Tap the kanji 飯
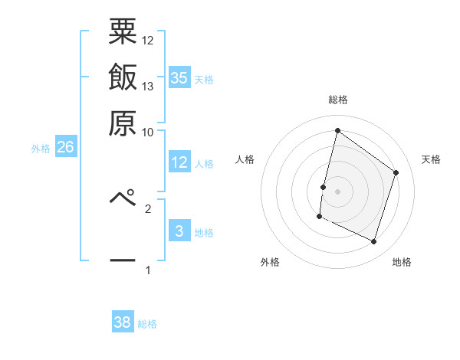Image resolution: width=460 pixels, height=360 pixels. tap(123, 77)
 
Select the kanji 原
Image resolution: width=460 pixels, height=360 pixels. tap(123, 123)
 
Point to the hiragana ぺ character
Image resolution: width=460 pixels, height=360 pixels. tap(123, 198)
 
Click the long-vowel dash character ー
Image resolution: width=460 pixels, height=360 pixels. tap(123, 260)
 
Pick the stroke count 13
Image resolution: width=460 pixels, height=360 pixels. tap(148, 86)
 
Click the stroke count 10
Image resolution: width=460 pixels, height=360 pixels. tap(148, 131)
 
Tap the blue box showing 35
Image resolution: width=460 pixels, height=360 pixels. tap(179, 77)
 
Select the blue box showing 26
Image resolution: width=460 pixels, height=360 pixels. tap(65, 147)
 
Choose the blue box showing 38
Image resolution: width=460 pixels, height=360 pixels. tap(123, 323)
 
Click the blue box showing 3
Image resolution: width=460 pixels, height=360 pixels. tap(179, 231)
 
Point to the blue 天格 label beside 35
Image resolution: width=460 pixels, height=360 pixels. tap(204, 79)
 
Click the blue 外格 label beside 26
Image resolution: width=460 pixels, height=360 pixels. tap(41, 149)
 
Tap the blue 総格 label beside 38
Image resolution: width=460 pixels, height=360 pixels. tap(147, 325)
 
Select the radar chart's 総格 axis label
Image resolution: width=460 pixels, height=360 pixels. tap(337, 100)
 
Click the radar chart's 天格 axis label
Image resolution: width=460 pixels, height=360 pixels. tap(431, 159)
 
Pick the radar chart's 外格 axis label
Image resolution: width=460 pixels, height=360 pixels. tap(270, 263)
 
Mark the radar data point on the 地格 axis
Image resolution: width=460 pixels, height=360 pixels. tap(373, 242)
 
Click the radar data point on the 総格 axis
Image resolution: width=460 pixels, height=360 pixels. tap(337, 130)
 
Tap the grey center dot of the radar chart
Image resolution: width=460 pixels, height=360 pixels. tap(337, 191)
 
